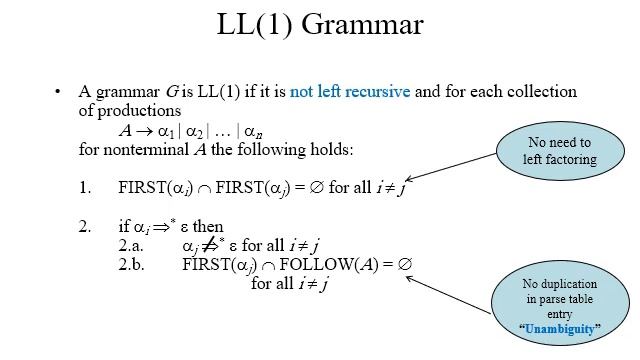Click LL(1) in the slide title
click(x=261, y=26)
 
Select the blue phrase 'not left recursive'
click(x=350, y=92)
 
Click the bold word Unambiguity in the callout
click(x=560, y=328)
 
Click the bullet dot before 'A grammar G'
click(x=58, y=92)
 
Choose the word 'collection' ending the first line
click(x=542, y=92)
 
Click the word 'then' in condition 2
click(x=208, y=226)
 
